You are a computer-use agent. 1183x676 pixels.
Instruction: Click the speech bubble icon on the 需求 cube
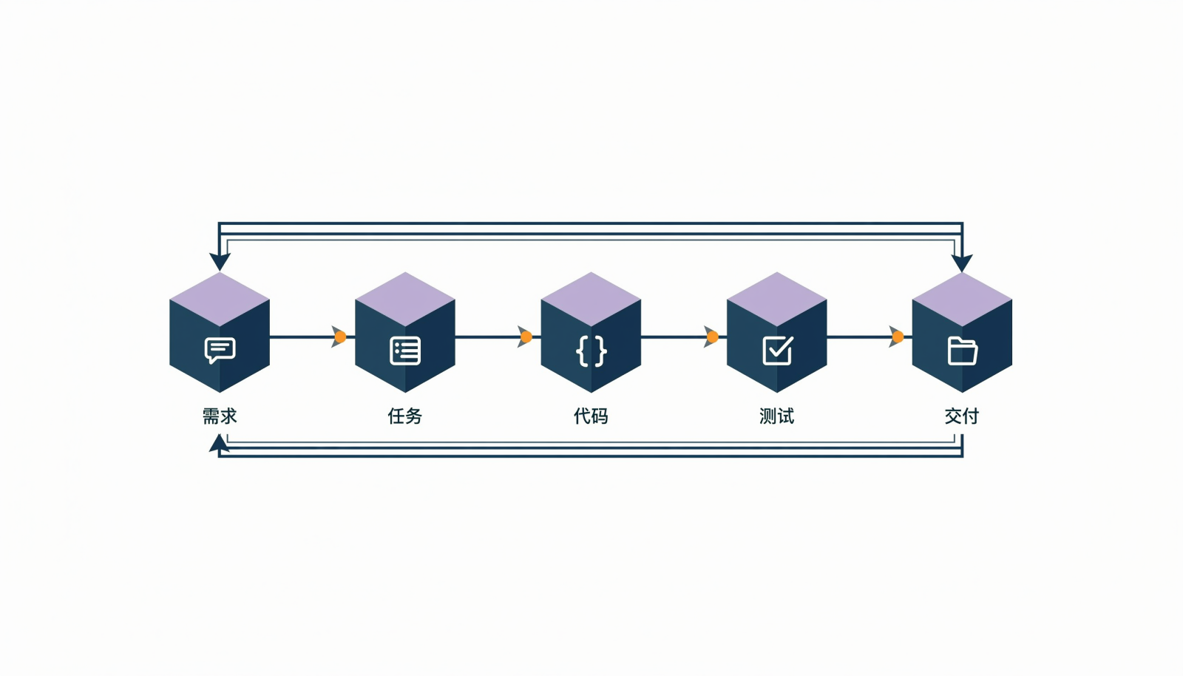[220, 350]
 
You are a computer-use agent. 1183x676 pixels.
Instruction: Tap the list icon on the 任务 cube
[405, 351]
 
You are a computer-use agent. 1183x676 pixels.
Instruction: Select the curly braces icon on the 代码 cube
[591, 351]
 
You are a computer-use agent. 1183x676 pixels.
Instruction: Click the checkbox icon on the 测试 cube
[777, 350]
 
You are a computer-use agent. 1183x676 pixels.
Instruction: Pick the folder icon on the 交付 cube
[963, 351]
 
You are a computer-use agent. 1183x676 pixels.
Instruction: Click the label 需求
[220, 416]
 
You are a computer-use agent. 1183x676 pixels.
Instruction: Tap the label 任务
[405, 416]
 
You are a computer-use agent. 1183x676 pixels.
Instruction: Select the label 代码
[591, 416]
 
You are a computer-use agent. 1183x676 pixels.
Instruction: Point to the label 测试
[777, 416]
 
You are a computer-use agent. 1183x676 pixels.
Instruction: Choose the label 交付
[962, 416]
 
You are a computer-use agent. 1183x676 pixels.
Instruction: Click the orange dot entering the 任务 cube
[341, 337]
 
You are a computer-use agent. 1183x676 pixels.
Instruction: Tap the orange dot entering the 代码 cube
[526, 337]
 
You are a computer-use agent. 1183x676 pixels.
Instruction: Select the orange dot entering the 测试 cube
[713, 337]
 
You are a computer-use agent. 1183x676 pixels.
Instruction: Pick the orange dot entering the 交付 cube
[898, 337]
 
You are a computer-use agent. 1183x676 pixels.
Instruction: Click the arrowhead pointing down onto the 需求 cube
[220, 261]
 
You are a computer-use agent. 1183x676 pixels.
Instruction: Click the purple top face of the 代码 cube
[591, 299]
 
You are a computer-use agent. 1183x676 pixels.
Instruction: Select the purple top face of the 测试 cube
[777, 299]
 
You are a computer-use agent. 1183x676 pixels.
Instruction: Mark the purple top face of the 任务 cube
[405, 299]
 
